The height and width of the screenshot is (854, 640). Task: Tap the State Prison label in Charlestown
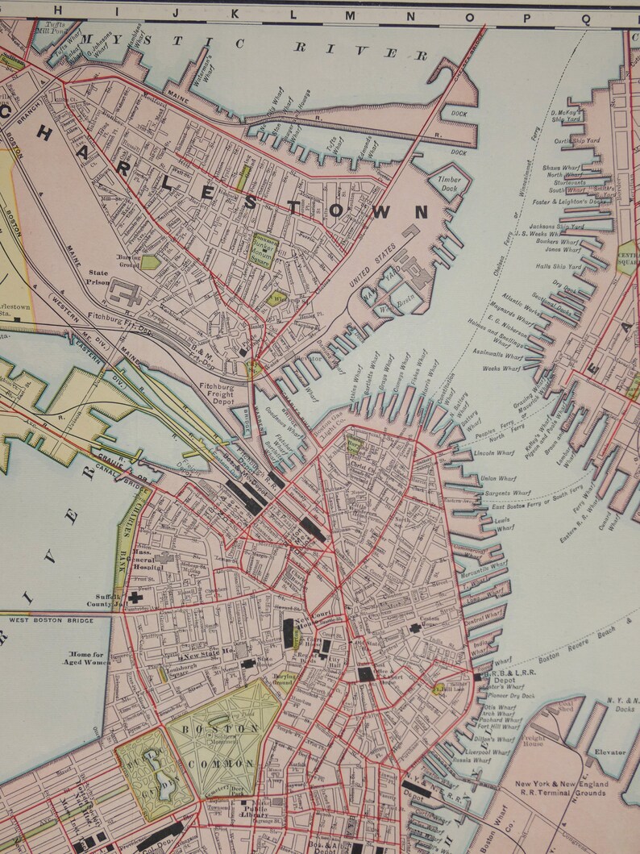98,277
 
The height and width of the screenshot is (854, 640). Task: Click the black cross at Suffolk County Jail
134,598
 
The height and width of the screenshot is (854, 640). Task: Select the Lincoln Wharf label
494,453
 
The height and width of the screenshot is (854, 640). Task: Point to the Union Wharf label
497,479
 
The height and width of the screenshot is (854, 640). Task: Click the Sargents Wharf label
505,492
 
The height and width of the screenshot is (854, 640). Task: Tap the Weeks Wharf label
502,369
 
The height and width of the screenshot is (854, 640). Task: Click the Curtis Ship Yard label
577,140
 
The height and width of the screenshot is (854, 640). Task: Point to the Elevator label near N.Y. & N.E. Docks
610,752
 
